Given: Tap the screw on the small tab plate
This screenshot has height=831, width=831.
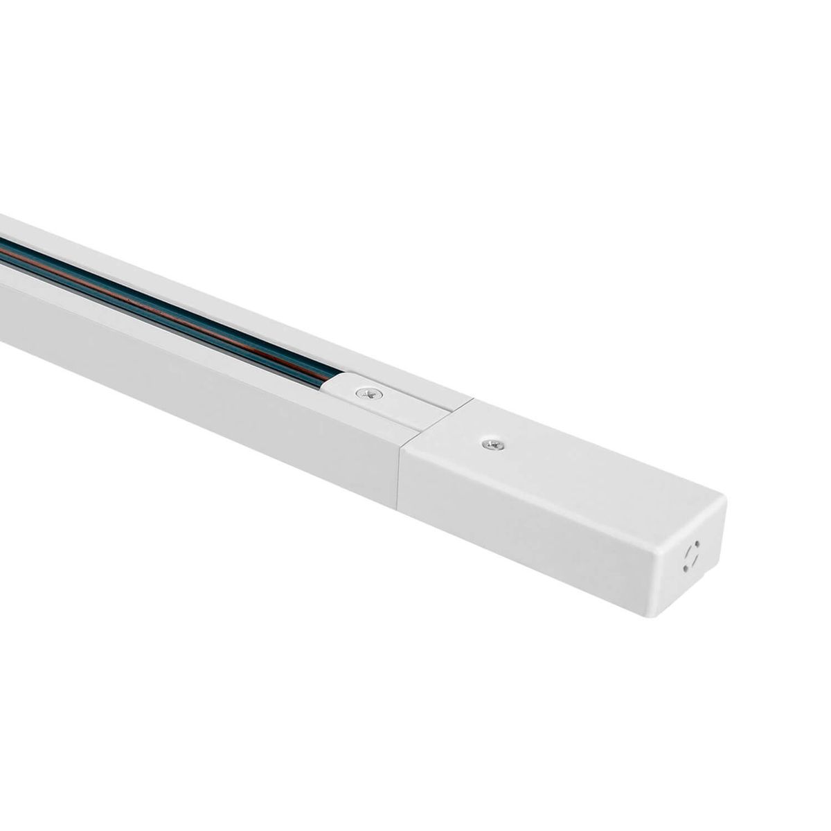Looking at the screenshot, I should click(x=364, y=393).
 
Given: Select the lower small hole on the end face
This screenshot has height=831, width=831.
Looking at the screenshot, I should click(x=685, y=569).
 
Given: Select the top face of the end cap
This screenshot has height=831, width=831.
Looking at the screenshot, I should click(x=568, y=457).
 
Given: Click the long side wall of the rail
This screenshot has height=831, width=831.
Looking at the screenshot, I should click(x=208, y=374).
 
